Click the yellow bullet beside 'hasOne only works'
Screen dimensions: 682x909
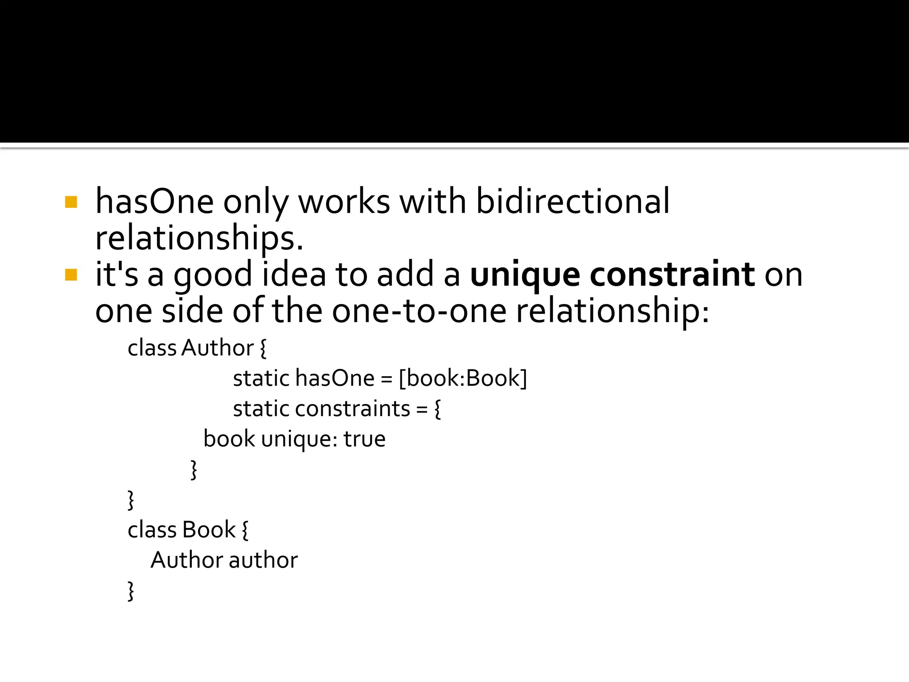71,202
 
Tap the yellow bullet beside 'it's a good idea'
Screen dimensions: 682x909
71,275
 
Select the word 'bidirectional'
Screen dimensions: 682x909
573,201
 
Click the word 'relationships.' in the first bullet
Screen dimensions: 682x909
199,238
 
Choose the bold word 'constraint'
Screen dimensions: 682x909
672,274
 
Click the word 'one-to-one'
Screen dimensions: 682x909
419,310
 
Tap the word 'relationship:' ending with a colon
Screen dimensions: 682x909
613,311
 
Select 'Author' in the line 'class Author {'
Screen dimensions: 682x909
217,348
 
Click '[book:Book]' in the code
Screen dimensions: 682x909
463,378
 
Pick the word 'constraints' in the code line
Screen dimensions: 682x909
352,408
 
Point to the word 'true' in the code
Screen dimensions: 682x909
364,439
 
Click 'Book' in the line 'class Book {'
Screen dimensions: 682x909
209,530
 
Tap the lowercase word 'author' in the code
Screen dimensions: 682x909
263,560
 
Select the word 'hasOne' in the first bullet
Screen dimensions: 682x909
154,201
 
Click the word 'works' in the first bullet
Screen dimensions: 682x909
344,201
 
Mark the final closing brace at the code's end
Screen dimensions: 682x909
131,591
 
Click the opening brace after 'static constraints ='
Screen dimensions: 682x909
438,409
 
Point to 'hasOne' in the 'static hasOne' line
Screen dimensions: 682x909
335,378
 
